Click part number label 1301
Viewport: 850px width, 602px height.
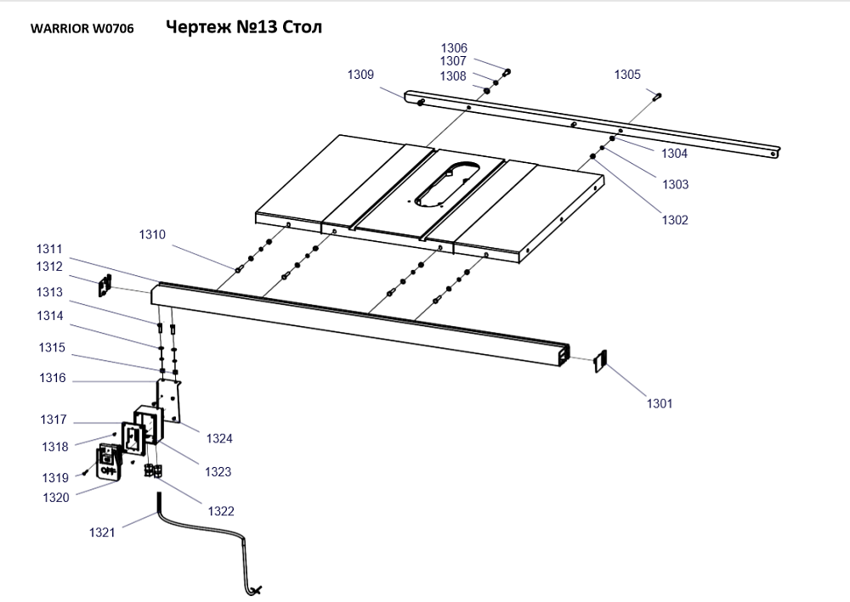pos(659,403)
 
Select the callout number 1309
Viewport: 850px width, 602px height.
pos(360,75)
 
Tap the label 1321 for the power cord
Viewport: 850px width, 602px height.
pos(103,532)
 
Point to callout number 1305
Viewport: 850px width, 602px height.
pos(627,75)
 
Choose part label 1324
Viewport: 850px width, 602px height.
pos(219,438)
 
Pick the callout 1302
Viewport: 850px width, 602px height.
pos(675,220)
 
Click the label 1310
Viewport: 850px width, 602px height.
pos(153,234)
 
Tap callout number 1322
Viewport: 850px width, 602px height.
pos(221,511)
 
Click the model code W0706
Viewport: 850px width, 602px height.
pos(113,28)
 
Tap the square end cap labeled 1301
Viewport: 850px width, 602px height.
pos(598,361)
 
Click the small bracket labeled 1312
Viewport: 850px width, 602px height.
pos(105,286)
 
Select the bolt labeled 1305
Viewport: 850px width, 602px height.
pos(657,96)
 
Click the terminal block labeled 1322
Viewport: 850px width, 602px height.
pos(153,470)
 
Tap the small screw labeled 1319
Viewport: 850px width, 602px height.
pos(88,473)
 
